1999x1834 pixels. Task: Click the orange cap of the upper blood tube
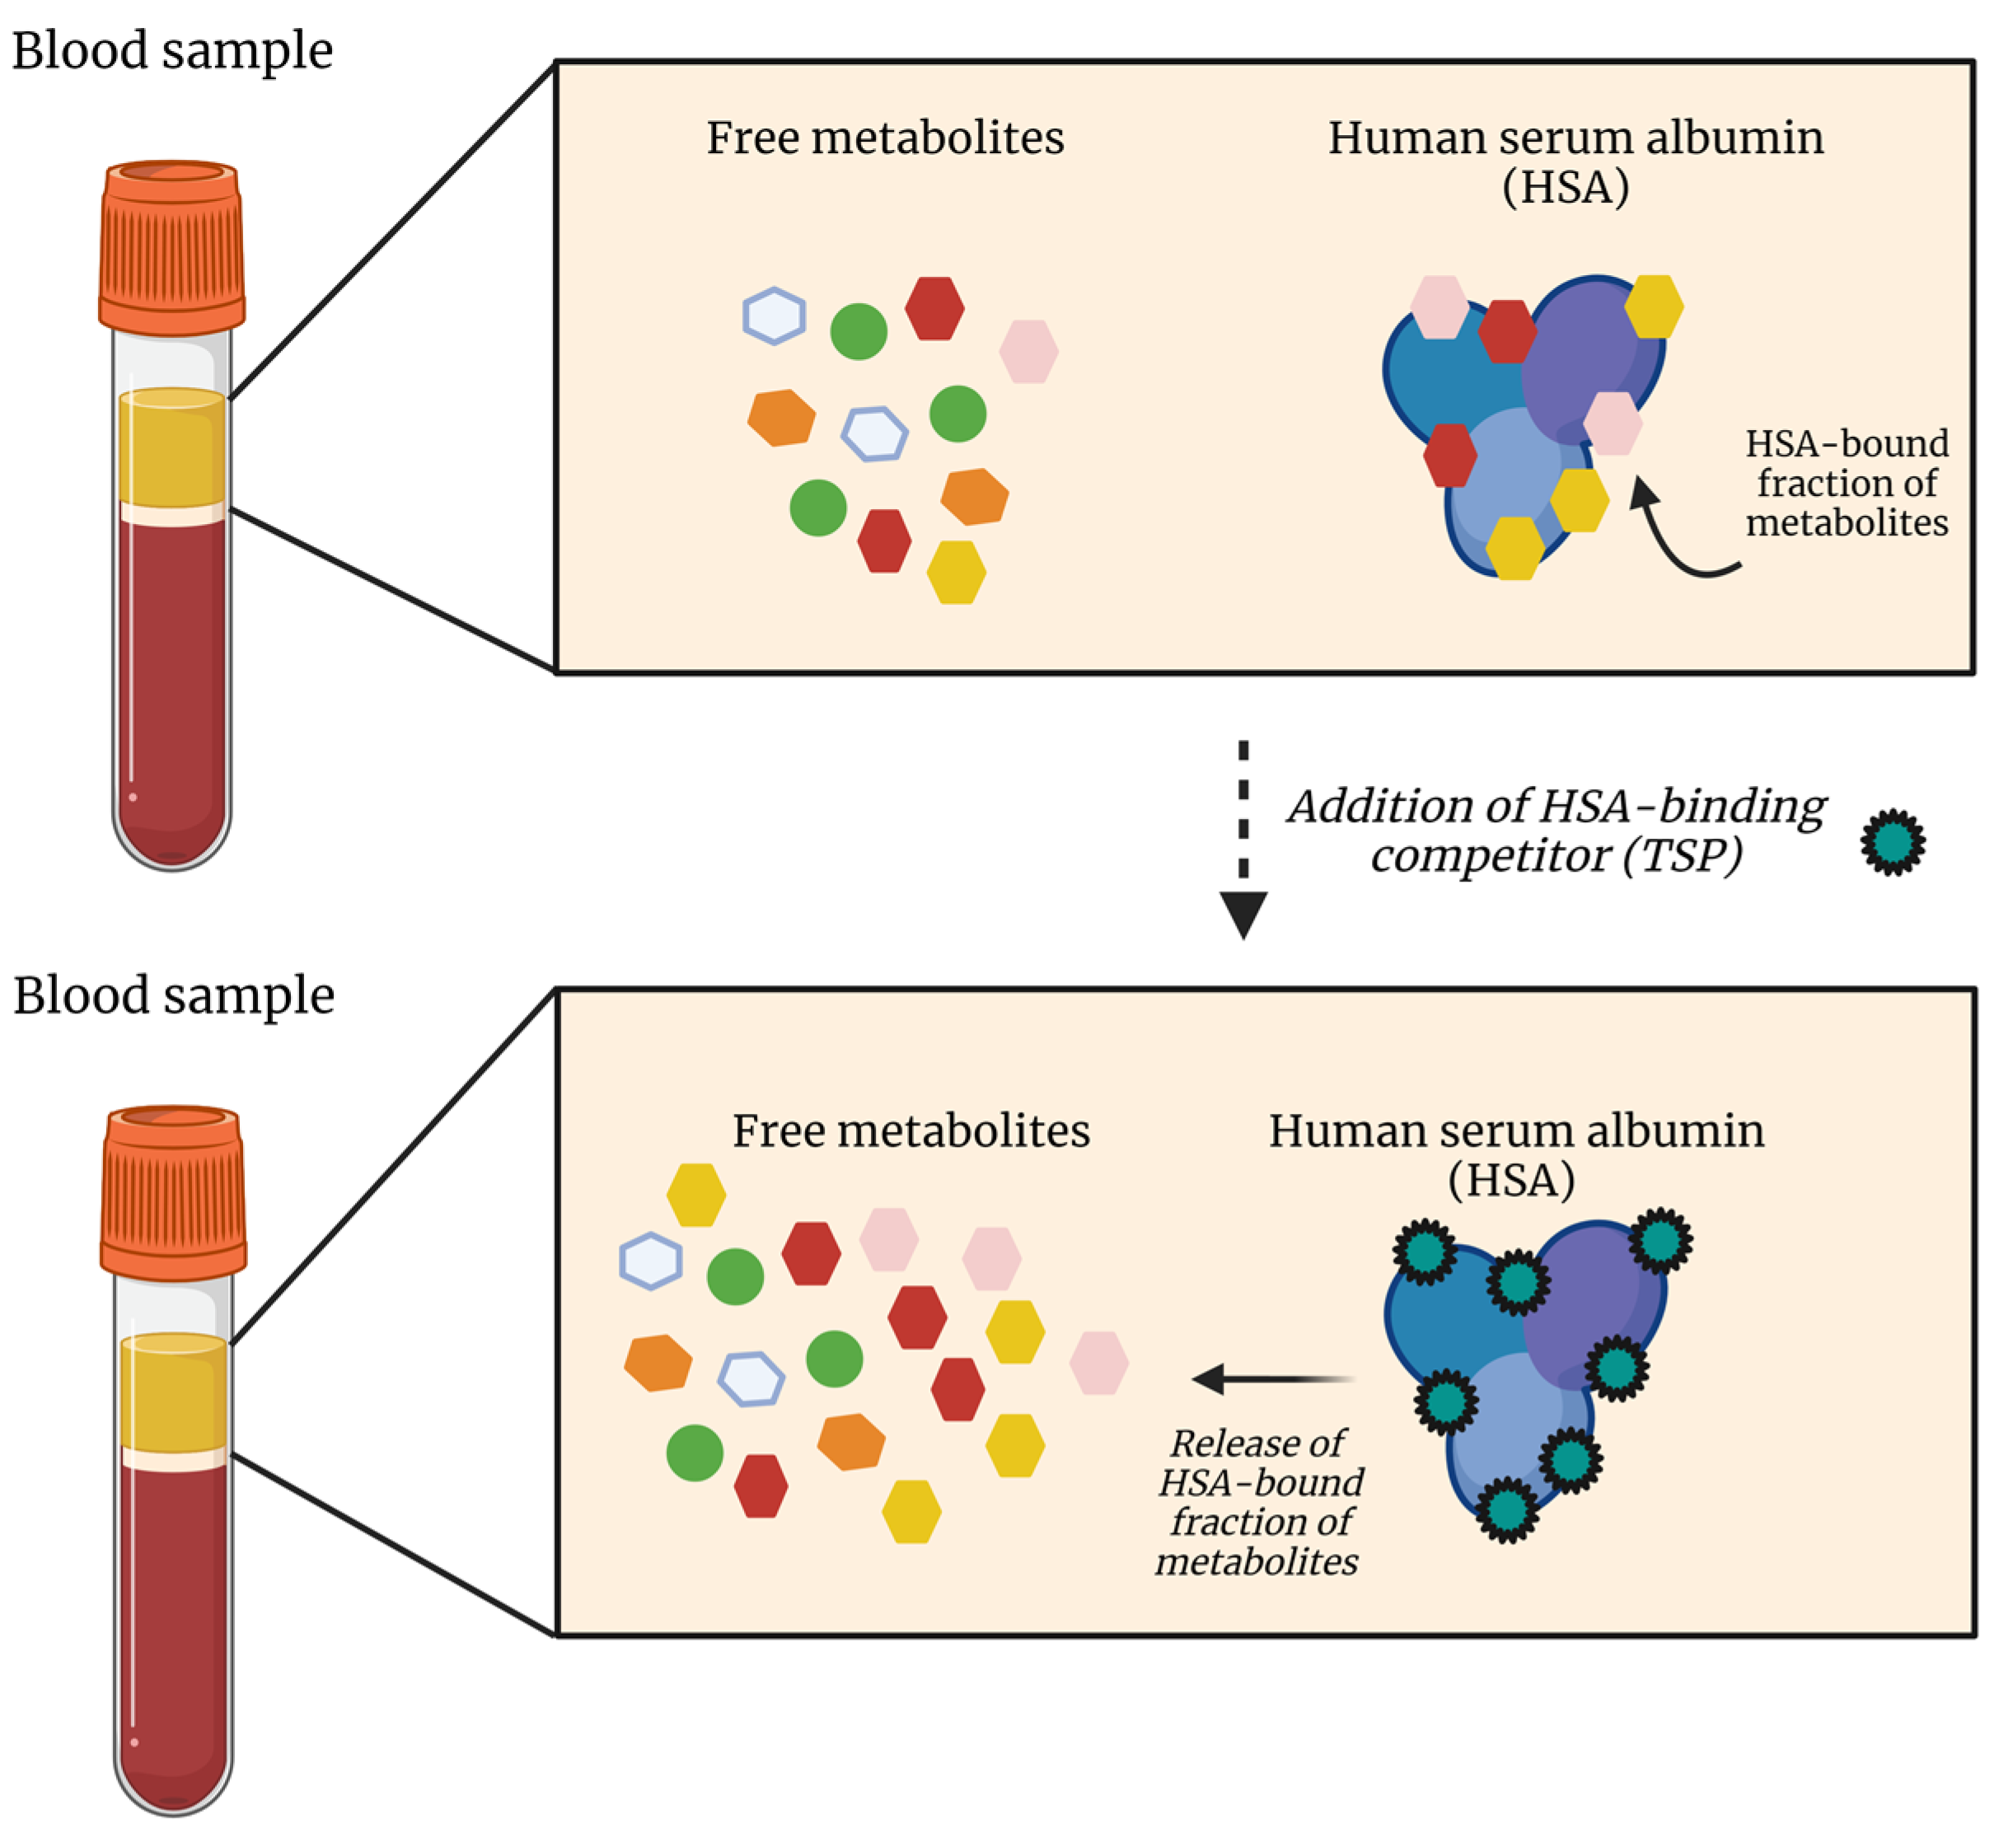point(171,248)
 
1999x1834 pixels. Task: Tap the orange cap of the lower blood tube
point(174,1193)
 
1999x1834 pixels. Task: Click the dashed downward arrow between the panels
point(1243,839)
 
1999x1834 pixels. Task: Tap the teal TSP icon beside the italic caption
point(1893,841)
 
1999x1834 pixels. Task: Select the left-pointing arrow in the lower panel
point(1273,1378)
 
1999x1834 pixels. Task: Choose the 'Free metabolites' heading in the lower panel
point(911,1130)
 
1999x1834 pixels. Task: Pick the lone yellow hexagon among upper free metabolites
point(956,573)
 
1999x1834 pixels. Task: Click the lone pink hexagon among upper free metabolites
point(1028,351)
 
